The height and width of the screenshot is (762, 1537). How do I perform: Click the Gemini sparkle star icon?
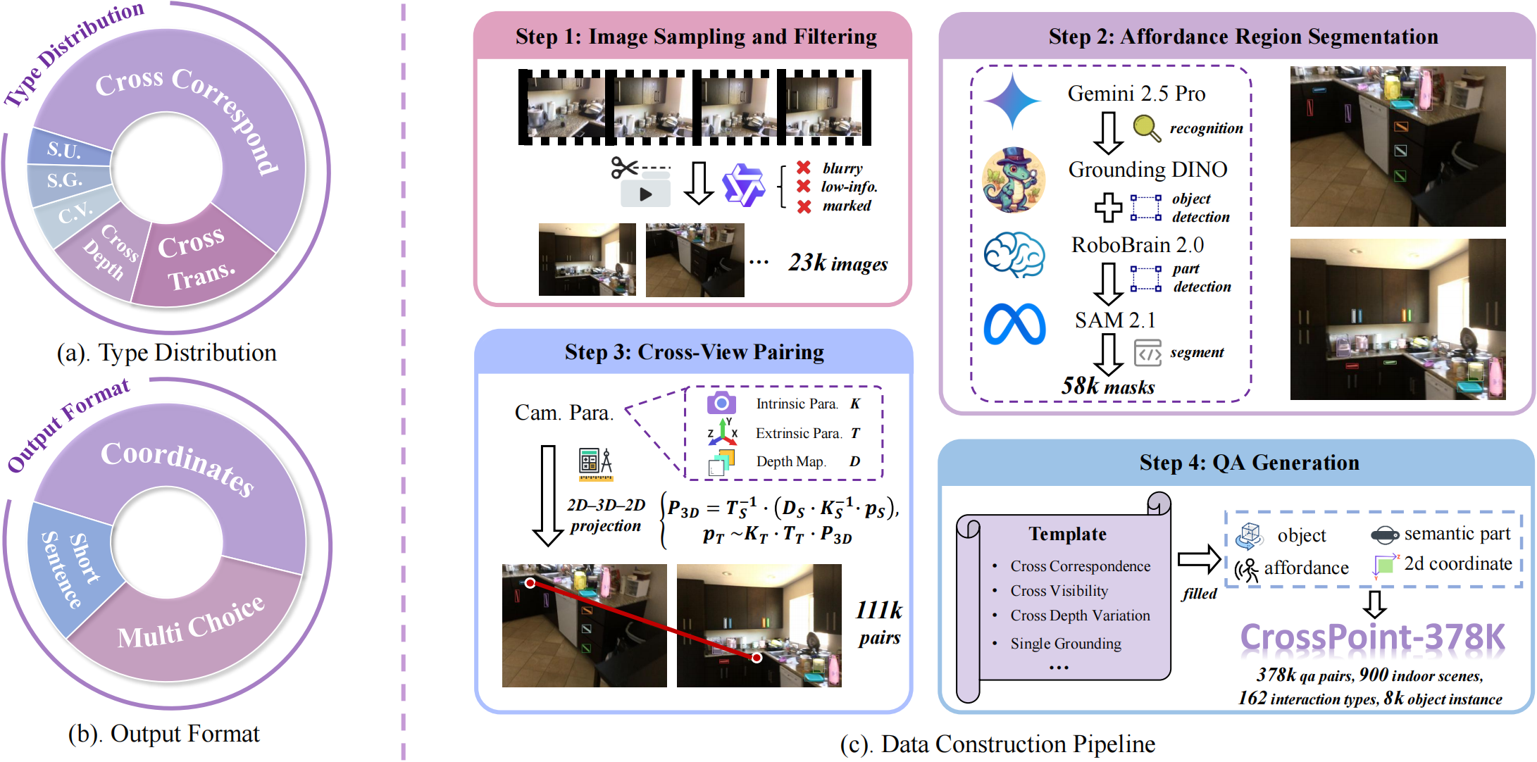1012,101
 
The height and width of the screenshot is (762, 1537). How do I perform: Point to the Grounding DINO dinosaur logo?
1014,180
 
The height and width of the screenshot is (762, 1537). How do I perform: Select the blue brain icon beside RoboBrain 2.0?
1014,254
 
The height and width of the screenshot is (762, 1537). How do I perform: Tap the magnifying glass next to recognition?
1147,127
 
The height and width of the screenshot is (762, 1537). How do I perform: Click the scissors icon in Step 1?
625,168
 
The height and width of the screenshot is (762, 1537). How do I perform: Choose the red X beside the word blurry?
804,168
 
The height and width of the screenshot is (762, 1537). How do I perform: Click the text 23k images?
838,263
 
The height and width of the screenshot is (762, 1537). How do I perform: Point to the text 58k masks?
1108,386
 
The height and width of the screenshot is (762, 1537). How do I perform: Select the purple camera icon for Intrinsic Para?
721,403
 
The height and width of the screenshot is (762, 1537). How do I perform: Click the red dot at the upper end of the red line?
530,583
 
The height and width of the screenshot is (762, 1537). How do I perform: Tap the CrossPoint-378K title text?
1372,637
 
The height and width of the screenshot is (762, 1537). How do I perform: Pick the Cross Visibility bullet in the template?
1059,591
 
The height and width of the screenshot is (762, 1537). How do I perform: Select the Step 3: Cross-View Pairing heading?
694,351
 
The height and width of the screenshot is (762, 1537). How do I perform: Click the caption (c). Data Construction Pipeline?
997,744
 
